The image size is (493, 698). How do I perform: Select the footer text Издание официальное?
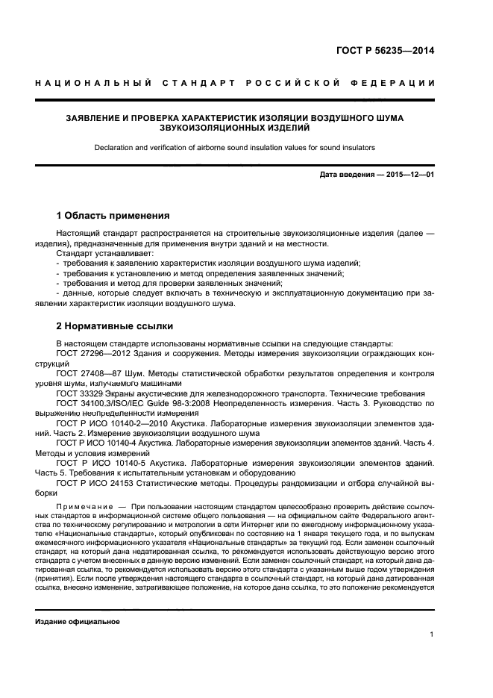coord(78,621)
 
